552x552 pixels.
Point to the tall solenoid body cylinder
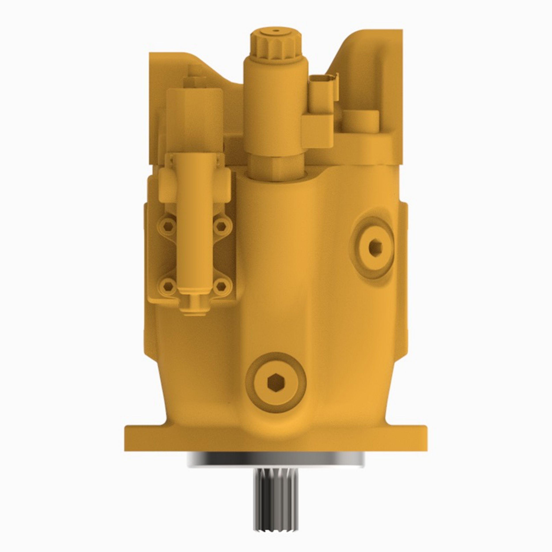click(x=276, y=109)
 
